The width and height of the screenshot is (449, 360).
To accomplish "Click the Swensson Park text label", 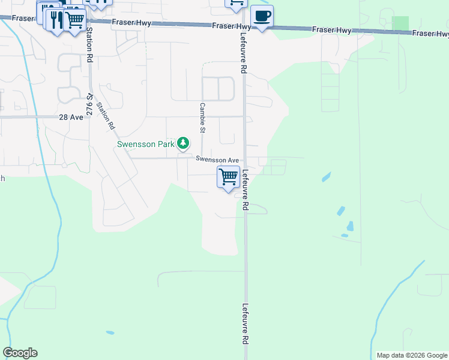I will point(145,144).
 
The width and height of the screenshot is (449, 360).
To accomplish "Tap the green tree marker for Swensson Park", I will point(183,143).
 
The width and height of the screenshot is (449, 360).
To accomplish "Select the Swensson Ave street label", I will point(217,160).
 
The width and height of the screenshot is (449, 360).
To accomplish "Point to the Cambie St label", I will point(203,117).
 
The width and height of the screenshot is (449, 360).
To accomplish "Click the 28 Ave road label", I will point(71,118).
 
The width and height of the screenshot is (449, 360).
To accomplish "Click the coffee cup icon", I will point(261,16).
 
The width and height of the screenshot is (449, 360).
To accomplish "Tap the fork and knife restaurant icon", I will point(56,19).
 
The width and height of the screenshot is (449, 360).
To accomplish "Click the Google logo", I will point(20,353).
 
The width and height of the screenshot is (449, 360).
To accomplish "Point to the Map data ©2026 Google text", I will point(412,355).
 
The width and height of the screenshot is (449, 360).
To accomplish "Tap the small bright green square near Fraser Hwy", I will point(400,23).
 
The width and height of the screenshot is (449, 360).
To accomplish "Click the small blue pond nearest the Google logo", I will point(110,332).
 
